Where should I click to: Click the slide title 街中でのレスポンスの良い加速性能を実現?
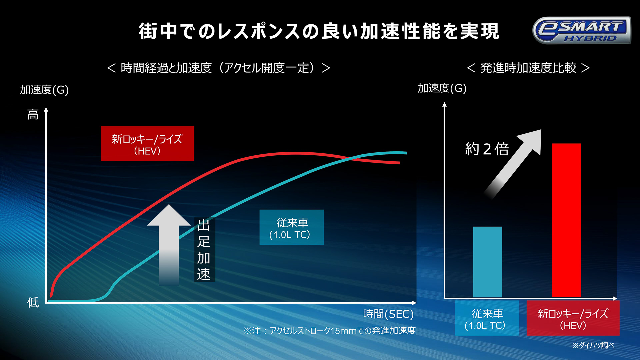[x=319, y=31]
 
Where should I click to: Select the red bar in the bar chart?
[x=566, y=220]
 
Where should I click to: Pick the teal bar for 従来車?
[x=487, y=262]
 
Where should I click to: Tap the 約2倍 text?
[x=487, y=149]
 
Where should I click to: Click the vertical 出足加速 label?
[x=204, y=250]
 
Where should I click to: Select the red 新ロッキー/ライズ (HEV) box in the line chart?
[x=147, y=144]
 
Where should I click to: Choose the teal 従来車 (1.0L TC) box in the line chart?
[x=291, y=227]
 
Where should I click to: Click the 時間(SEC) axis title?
[x=388, y=314]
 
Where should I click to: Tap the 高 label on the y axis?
[x=33, y=115]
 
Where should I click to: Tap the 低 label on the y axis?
[x=33, y=302]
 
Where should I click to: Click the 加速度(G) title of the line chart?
[x=44, y=90]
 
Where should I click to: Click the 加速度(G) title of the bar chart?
[x=442, y=88]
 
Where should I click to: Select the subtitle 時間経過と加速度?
[x=219, y=68]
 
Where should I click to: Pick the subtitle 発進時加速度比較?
[x=528, y=68]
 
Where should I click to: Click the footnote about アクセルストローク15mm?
[x=329, y=331]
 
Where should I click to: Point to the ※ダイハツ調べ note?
[x=593, y=345]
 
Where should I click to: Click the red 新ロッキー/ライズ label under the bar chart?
[x=573, y=318]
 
